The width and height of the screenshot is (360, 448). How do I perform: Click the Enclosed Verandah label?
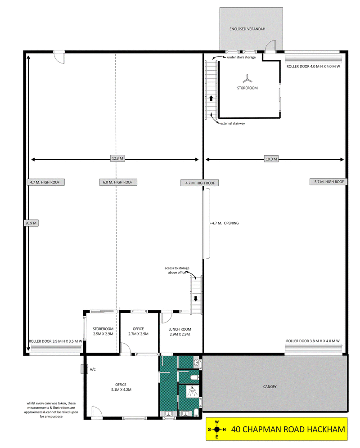point(247,29)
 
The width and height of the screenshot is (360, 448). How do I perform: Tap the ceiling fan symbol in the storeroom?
point(247,79)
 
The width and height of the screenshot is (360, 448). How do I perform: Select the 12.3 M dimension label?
point(117,158)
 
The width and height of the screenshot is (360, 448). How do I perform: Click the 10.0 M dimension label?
point(271,159)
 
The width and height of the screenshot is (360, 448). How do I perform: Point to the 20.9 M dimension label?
point(31,223)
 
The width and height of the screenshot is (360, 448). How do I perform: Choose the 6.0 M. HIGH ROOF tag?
point(118,182)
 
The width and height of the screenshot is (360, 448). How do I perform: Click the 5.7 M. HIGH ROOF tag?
point(329,182)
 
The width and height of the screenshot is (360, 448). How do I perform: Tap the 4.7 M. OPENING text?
point(225,223)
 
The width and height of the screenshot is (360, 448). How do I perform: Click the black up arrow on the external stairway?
point(211,98)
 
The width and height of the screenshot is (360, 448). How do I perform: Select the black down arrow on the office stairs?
point(196,299)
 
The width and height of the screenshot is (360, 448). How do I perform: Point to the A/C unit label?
point(93,369)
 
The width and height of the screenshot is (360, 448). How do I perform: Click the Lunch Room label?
point(180,332)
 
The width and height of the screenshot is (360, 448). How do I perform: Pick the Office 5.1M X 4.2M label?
point(121,387)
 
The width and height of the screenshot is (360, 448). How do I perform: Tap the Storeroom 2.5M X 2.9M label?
point(103,332)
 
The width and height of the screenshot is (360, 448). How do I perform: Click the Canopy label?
point(270,386)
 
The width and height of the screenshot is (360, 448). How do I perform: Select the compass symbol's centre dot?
point(217,429)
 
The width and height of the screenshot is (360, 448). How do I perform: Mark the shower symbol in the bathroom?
point(193,391)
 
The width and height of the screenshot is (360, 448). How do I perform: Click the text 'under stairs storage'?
point(241,57)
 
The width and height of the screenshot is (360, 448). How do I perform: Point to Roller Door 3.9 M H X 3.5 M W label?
point(55,341)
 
